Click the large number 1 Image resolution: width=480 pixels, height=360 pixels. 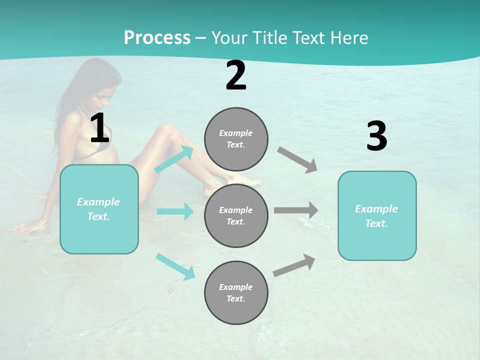tap(99, 128)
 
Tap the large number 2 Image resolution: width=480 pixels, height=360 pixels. tap(236, 76)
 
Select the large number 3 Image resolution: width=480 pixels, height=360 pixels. tap(376, 136)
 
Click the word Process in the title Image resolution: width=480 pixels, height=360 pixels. tap(157, 37)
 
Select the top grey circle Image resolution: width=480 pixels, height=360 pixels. tap(236, 139)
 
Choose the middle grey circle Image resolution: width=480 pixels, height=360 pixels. tap(236, 215)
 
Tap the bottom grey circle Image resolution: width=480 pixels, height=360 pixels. tap(236, 292)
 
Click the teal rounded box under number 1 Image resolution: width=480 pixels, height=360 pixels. tap(99, 209)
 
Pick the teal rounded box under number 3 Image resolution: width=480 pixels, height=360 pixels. tap(377, 215)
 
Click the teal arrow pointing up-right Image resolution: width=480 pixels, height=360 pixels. tap(174, 159)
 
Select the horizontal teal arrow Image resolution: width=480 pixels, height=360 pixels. tap(175, 211)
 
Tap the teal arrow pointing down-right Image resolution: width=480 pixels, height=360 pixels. tap(175, 266)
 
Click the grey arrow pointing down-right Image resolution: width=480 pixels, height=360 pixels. tap(297, 159)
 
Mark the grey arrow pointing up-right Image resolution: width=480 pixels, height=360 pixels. tap(294, 265)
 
